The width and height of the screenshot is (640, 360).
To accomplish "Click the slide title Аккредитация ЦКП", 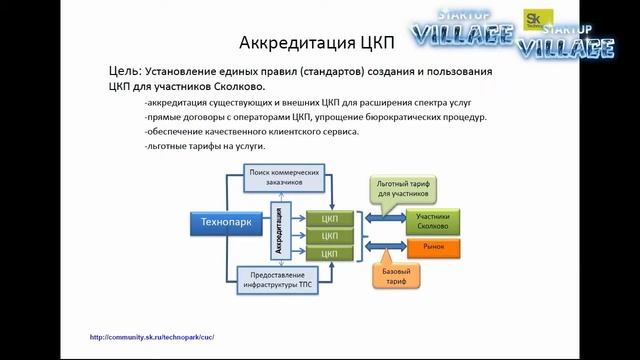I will pyautogui.click(x=318, y=43).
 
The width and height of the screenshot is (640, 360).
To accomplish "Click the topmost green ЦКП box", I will pyautogui.click(x=323, y=218).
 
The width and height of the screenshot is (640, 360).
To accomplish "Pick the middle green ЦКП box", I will pyautogui.click(x=323, y=236).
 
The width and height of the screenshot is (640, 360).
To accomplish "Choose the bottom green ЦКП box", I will pyautogui.click(x=323, y=254).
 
